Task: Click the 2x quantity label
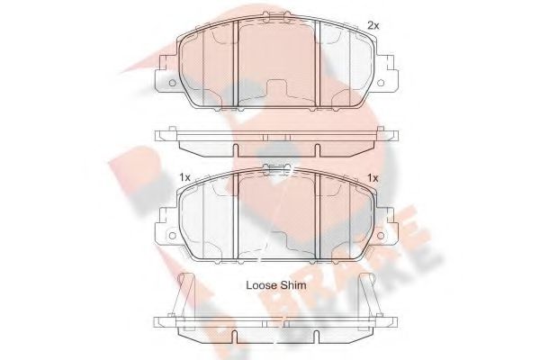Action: pyautogui.click(x=373, y=25)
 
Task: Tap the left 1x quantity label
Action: pyautogui.click(x=184, y=177)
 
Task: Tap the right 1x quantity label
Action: pyautogui.click(x=373, y=177)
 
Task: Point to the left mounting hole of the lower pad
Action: pyautogui.click(x=168, y=232)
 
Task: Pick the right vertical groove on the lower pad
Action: pyautogui.click(x=321, y=211)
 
